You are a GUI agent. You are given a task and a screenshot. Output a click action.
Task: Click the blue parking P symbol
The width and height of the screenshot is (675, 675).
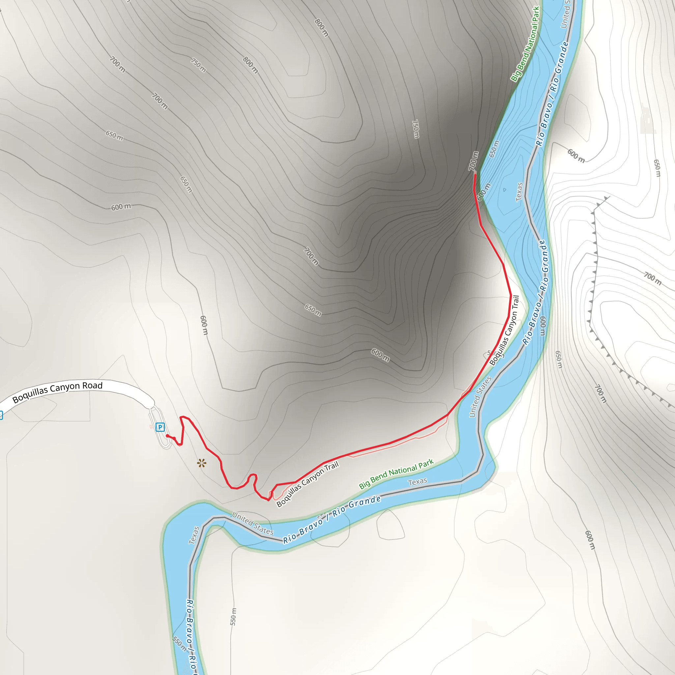(x=160, y=427)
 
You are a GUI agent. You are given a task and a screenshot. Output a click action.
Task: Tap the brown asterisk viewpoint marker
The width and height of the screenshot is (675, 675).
(x=202, y=464)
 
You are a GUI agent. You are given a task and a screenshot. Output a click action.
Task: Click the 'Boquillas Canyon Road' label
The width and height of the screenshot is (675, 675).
(x=57, y=392)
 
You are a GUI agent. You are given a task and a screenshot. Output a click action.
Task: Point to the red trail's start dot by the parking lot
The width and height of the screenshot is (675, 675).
(x=167, y=436)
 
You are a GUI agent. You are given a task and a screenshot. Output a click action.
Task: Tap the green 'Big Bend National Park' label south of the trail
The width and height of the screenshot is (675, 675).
(x=396, y=474)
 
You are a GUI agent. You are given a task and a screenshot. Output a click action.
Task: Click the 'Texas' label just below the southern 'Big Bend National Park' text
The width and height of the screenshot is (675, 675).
(x=418, y=482)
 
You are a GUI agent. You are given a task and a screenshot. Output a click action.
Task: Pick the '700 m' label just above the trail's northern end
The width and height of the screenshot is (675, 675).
(x=473, y=161)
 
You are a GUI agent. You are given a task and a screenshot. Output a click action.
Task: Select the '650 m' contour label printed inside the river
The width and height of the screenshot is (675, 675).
(x=494, y=149)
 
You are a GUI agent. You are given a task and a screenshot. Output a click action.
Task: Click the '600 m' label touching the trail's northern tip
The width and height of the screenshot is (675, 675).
(x=484, y=192)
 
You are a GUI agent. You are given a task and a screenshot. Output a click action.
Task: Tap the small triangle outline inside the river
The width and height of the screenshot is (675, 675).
(x=505, y=190)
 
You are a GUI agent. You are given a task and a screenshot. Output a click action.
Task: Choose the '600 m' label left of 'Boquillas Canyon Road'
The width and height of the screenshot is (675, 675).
(x=121, y=207)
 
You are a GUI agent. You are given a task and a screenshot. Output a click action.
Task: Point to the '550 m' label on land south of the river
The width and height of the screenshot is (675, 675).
(x=233, y=617)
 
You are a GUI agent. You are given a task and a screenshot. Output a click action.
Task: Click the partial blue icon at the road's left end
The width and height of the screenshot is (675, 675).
(x=1, y=415)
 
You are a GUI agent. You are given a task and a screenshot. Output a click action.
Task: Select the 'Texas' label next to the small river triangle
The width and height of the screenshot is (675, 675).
(x=519, y=192)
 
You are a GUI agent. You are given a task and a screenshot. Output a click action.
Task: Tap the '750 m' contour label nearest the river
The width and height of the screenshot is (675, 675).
(x=415, y=129)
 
